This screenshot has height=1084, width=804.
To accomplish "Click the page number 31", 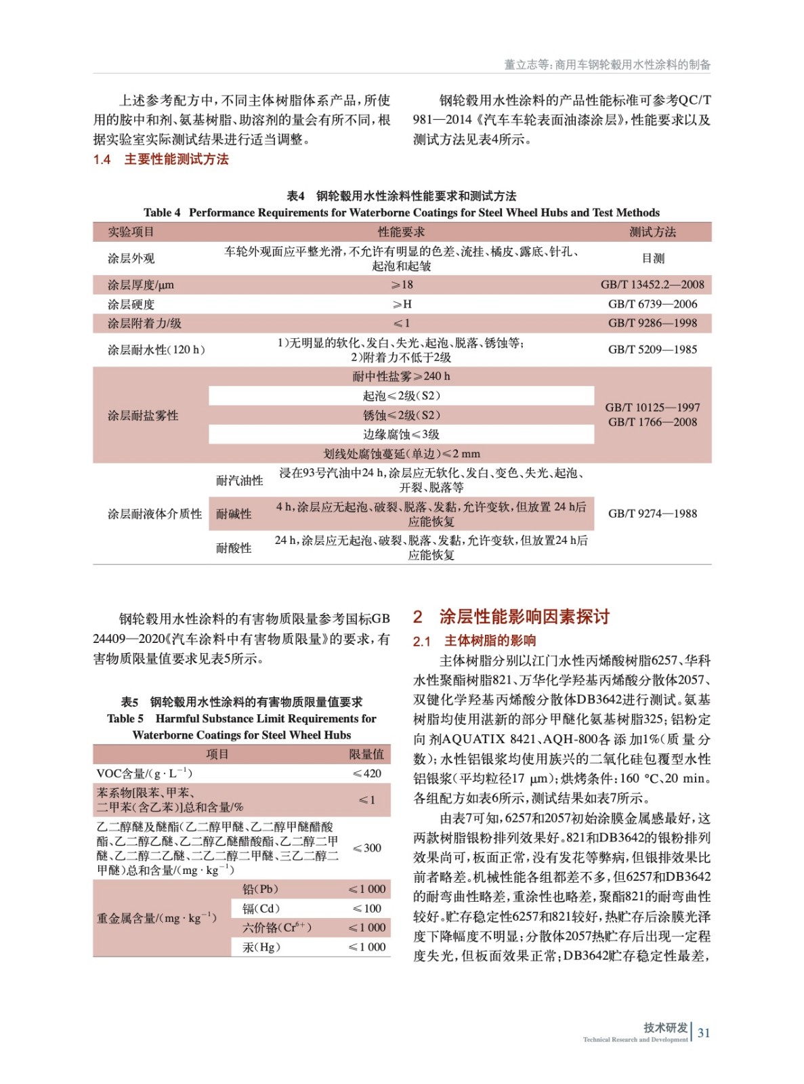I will point(704,1033).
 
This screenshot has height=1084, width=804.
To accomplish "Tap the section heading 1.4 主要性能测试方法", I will point(161,160).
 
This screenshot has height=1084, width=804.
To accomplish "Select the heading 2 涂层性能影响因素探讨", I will point(511,617).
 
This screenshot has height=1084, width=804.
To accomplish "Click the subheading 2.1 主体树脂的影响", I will point(475,641).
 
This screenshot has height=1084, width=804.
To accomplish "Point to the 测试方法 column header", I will point(652,232).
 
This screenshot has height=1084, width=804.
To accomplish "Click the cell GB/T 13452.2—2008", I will point(652,285).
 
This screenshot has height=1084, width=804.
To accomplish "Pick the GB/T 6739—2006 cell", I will point(652,304).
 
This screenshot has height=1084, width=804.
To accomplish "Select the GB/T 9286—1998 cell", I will point(652,323).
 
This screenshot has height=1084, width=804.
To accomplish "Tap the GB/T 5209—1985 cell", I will point(652,350).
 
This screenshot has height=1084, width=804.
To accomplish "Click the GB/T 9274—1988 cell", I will point(652,514).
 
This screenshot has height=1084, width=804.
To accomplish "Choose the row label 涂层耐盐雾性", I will point(143,415).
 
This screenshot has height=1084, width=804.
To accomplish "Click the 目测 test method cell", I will point(653,258).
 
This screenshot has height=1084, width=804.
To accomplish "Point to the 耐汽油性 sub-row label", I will point(239,480).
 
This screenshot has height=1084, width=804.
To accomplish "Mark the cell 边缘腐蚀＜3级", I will point(401,434).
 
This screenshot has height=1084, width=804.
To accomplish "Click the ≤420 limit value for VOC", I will point(367,774).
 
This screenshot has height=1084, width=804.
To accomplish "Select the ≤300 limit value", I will point(367,848).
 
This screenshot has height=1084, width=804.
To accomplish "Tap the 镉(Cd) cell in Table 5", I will point(261,909).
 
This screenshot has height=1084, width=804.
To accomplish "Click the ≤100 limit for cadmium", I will point(367,909).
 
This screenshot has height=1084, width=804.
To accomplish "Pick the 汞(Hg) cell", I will point(261,947).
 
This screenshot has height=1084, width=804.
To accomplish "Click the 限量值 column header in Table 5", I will point(366,755).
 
